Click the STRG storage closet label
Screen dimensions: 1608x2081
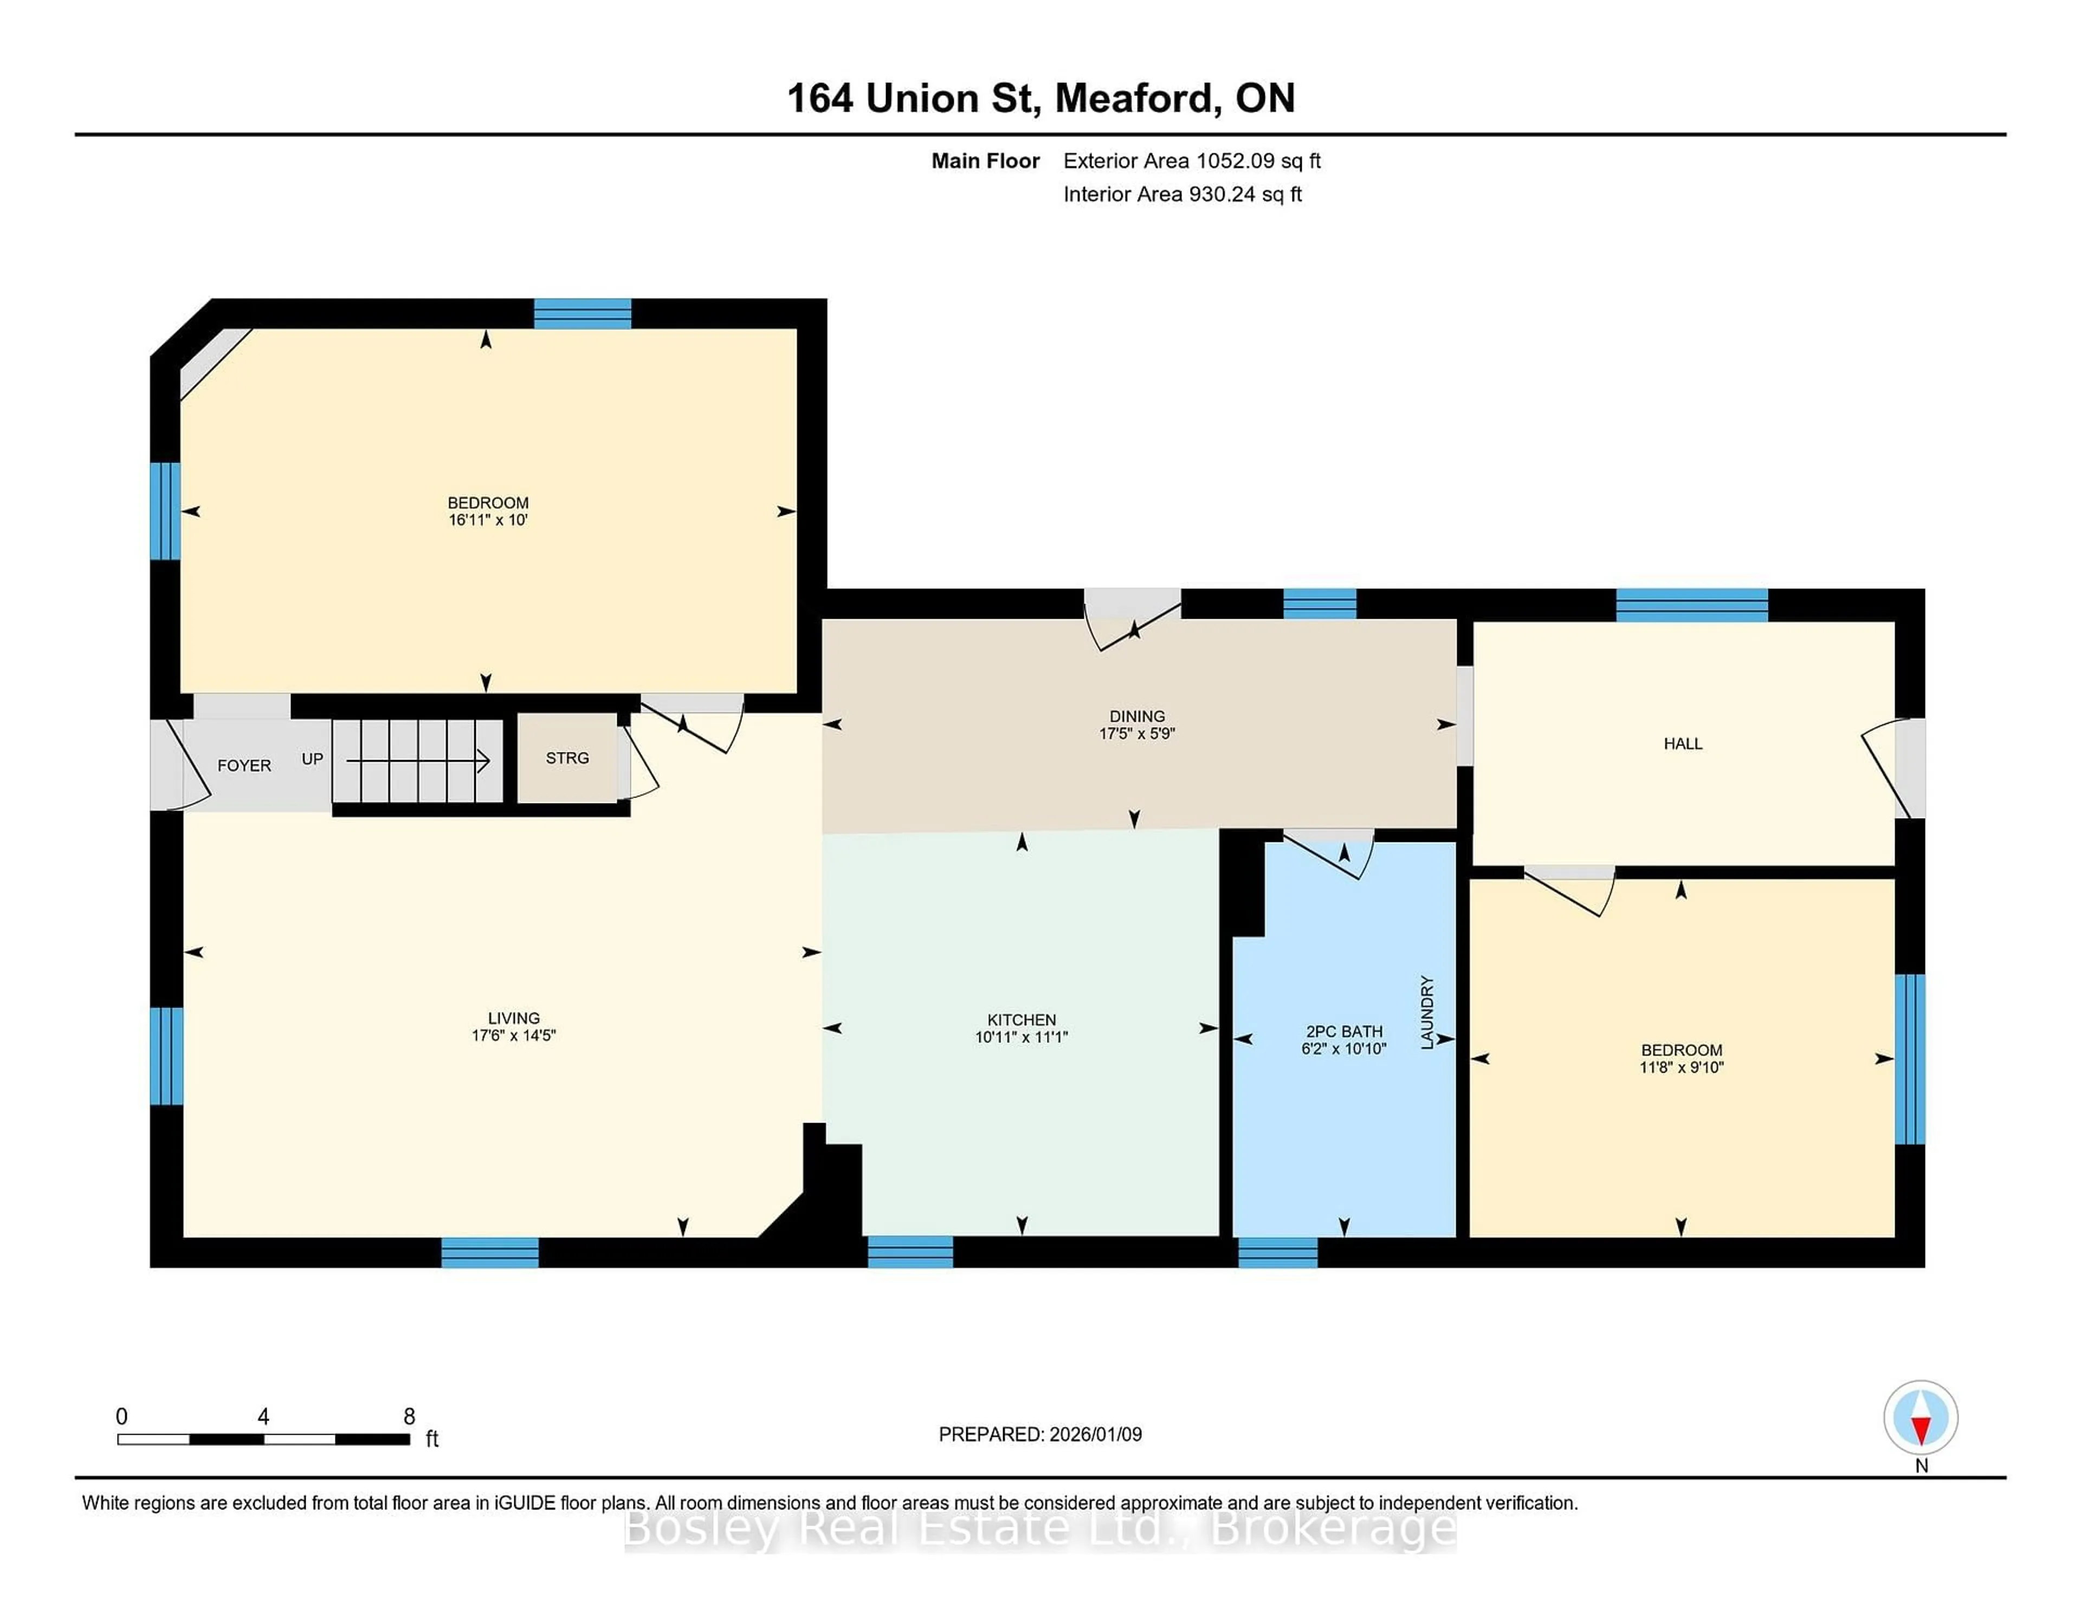click(567, 758)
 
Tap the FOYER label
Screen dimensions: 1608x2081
click(244, 766)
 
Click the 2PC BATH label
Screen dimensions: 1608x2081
click(1343, 1032)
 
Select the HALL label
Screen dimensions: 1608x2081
click(1683, 744)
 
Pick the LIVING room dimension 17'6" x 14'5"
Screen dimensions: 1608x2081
click(514, 1035)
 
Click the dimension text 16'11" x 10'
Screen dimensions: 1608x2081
click(488, 520)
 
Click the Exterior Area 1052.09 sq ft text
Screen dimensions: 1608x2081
click(1192, 161)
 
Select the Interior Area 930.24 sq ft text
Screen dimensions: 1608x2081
click(1182, 194)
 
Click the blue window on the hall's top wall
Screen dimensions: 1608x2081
click(1691, 605)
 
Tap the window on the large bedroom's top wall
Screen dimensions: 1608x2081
click(582, 313)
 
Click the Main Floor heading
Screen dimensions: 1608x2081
click(985, 161)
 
